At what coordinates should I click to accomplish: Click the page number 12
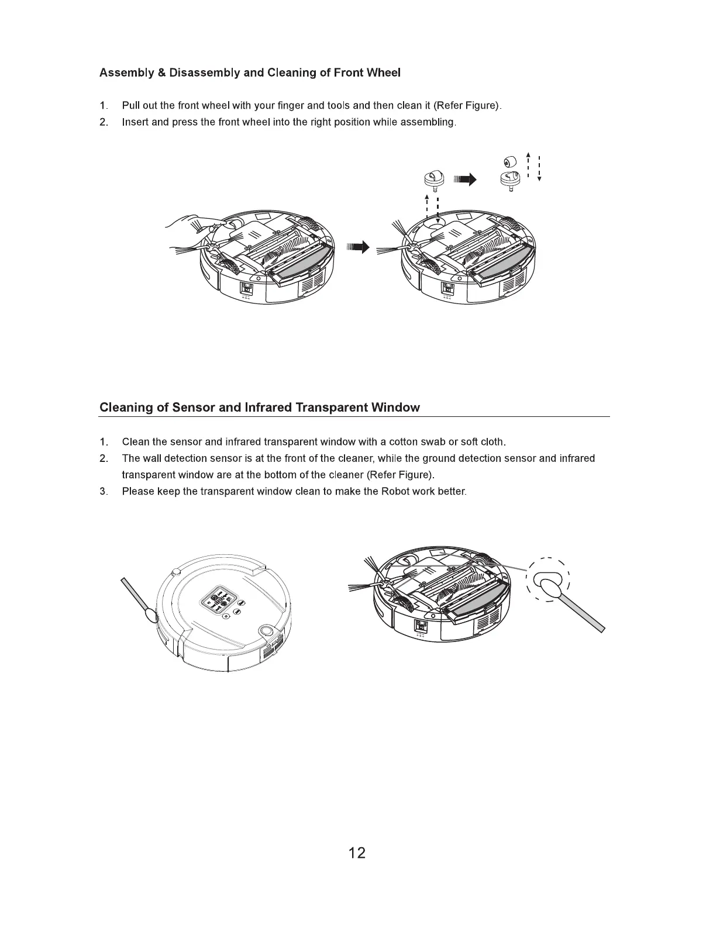coord(357,853)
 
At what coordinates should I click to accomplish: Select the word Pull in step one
coord(130,106)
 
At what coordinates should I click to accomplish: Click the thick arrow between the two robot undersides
coord(358,248)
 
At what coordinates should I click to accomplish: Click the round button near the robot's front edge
coord(267,630)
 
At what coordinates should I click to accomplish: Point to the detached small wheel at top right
coord(509,161)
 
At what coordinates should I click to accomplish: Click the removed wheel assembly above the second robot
coord(435,180)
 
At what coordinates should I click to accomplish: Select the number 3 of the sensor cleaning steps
coord(103,491)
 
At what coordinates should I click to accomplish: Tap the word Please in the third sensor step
coord(138,491)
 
